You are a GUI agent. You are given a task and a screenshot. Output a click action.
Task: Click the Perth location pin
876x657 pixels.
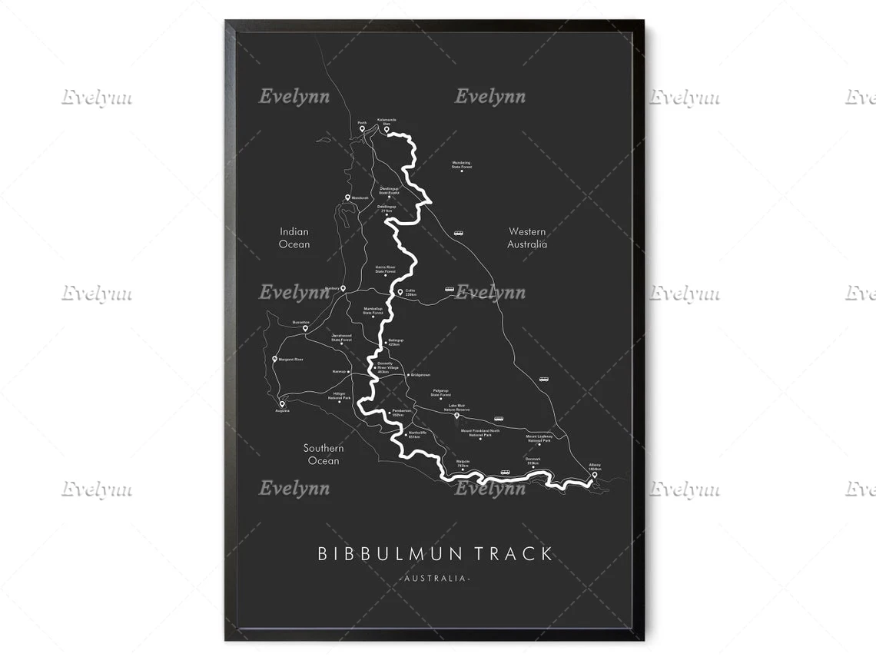pyautogui.click(x=362, y=130)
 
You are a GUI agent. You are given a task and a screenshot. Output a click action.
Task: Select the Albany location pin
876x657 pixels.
pyautogui.click(x=595, y=475)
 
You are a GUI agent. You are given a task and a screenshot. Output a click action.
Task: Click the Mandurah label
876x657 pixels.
pyautogui.click(x=360, y=198)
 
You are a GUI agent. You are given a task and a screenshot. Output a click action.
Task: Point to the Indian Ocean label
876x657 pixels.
pyautogui.click(x=294, y=237)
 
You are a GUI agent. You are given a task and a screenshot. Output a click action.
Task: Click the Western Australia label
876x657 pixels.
pyautogui.click(x=527, y=237)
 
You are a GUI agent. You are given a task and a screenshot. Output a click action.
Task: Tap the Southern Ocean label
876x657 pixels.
pyautogui.click(x=324, y=454)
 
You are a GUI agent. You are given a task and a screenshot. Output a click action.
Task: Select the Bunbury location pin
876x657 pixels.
pyautogui.click(x=343, y=289)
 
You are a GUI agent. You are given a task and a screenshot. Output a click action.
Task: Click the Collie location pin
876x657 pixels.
pyautogui.click(x=400, y=292)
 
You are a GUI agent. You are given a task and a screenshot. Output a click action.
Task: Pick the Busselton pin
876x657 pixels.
pyautogui.click(x=305, y=328)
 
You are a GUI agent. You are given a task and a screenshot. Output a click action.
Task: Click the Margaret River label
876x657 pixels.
pyautogui.click(x=292, y=359)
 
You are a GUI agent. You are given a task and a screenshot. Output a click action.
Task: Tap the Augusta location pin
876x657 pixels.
pyautogui.click(x=282, y=403)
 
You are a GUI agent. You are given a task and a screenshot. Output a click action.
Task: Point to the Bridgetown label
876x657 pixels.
pyautogui.click(x=420, y=375)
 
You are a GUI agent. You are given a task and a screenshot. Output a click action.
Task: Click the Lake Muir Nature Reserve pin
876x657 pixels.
pyautogui.click(x=457, y=416)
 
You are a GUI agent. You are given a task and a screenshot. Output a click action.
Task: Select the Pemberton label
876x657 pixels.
pyautogui.click(x=403, y=412)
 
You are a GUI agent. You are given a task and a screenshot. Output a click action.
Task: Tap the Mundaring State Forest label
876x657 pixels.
pyautogui.click(x=461, y=164)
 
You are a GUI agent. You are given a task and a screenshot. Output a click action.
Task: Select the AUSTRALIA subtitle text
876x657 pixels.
pyautogui.click(x=435, y=578)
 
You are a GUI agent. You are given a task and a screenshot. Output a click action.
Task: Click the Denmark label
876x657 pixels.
pyautogui.click(x=533, y=460)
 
